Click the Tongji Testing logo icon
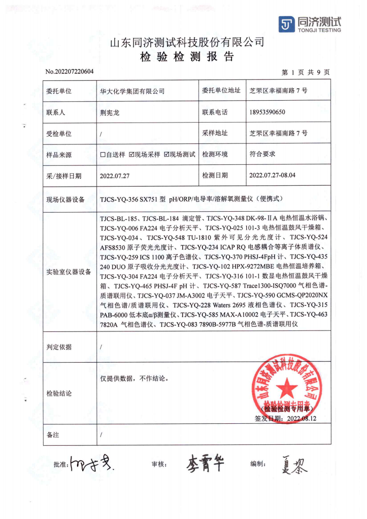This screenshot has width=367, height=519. pyautogui.click(x=287, y=24)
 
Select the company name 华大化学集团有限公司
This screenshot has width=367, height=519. pyautogui.click(x=132, y=91)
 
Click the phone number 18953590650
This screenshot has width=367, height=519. pyautogui.click(x=267, y=112)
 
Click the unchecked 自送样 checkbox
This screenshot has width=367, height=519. pyautogui.click(x=103, y=154)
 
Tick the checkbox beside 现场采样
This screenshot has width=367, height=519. pyautogui.click(x=131, y=154)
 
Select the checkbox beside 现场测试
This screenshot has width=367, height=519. pyautogui.click(x=167, y=154)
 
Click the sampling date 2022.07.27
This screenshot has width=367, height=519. pyautogui.click(x=114, y=175)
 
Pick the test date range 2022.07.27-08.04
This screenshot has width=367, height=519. pyautogui.click(x=272, y=175)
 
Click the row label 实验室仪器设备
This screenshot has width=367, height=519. pyautogui.click(x=69, y=272)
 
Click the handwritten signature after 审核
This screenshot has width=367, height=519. pyautogui.click(x=206, y=462)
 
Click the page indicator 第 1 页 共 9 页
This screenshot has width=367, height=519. pyautogui.click(x=306, y=72)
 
